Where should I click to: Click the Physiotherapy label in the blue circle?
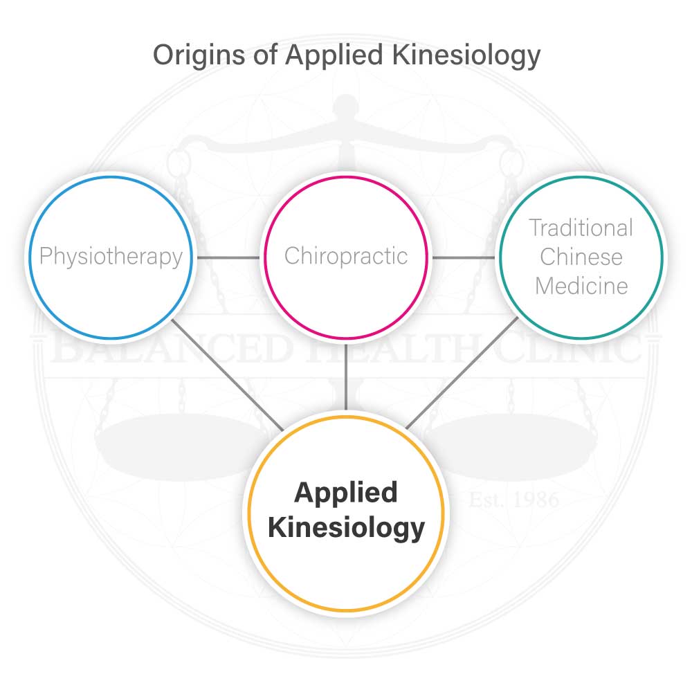pos(111,257)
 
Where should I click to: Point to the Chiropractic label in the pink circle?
pos(346,256)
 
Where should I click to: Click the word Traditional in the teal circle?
pos(581,228)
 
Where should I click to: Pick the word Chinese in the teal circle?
pos(581,257)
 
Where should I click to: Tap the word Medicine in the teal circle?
pos(581,286)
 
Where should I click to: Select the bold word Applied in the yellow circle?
pos(346,493)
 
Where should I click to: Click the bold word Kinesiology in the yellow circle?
pos(346,528)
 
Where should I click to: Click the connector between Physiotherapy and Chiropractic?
pos(228,257)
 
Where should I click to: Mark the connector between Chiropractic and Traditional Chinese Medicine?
pos(464,257)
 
